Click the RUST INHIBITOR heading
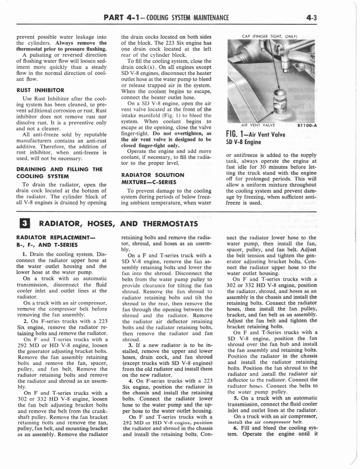[x=40, y=90]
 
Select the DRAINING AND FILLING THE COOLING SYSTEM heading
[x=59, y=172]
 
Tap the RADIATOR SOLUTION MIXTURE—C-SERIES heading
[x=153, y=178]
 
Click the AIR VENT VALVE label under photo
[x=258, y=125]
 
